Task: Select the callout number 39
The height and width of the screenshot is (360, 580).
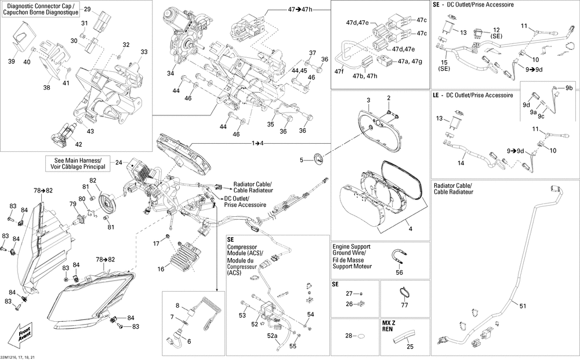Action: coord(11,61)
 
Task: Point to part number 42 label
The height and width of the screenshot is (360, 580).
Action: coord(78,144)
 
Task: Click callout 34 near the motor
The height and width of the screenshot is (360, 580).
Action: coord(171,74)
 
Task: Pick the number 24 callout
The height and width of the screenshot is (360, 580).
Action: coord(118,163)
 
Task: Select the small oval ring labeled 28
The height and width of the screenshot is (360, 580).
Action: coord(360,336)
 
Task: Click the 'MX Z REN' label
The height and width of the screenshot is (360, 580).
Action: coord(389,325)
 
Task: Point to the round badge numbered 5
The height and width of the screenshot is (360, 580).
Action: coord(318,160)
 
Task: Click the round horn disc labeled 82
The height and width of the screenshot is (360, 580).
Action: coord(106,203)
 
